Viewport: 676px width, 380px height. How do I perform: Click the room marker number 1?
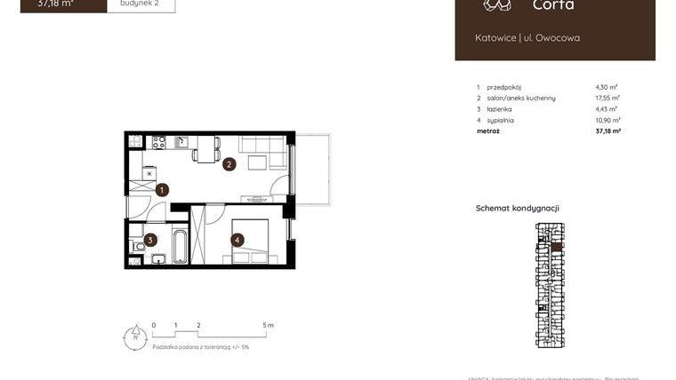tap(162, 189)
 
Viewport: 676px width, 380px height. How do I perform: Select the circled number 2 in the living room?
tap(229, 164)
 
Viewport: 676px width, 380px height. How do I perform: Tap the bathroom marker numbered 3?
tap(151, 239)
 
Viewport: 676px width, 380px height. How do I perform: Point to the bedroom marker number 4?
tap(237, 239)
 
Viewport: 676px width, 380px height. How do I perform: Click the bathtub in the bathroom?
tap(179, 246)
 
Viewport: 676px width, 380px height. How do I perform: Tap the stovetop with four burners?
tap(159, 142)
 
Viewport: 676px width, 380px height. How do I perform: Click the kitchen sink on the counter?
tap(181, 141)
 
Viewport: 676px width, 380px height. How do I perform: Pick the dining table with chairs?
tap(206, 148)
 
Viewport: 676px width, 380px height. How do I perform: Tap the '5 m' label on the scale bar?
tap(269, 326)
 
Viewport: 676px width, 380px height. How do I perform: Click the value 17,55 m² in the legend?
tap(608, 98)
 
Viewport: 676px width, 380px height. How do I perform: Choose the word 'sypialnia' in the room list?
tap(501, 119)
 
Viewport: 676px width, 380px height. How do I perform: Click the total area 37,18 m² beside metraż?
tap(608, 131)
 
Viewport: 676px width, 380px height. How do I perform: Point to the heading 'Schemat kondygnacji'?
tap(517, 208)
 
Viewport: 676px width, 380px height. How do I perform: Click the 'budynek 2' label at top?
tap(141, 4)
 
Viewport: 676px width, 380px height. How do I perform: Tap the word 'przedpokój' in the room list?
tap(504, 87)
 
